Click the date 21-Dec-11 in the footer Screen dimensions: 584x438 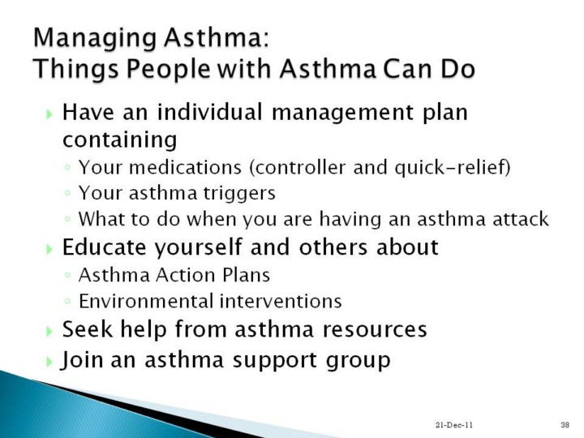(x=453, y=425)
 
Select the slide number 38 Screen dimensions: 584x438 (x=565, y=425)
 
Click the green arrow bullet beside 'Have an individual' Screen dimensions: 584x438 (x=49, y=114)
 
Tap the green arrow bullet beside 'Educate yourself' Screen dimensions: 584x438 (x=49, y=249)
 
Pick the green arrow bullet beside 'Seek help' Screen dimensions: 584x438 (x=49, y=331)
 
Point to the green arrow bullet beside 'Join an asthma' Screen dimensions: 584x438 (x=49, y=361)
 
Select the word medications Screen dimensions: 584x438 (x=186, y=167)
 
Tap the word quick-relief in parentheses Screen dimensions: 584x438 (x=452, y=167)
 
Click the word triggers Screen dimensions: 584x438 (x=239, y=194)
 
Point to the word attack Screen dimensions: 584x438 (x=521, y=219)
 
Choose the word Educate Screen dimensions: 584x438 (x=105, y=247)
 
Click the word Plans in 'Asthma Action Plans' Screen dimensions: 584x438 (x=247, y=276)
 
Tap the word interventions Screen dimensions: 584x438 (x=281, y=301)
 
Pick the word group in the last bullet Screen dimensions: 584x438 (x=358, y=361)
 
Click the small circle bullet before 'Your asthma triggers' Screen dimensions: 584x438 (x=67, y=194)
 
